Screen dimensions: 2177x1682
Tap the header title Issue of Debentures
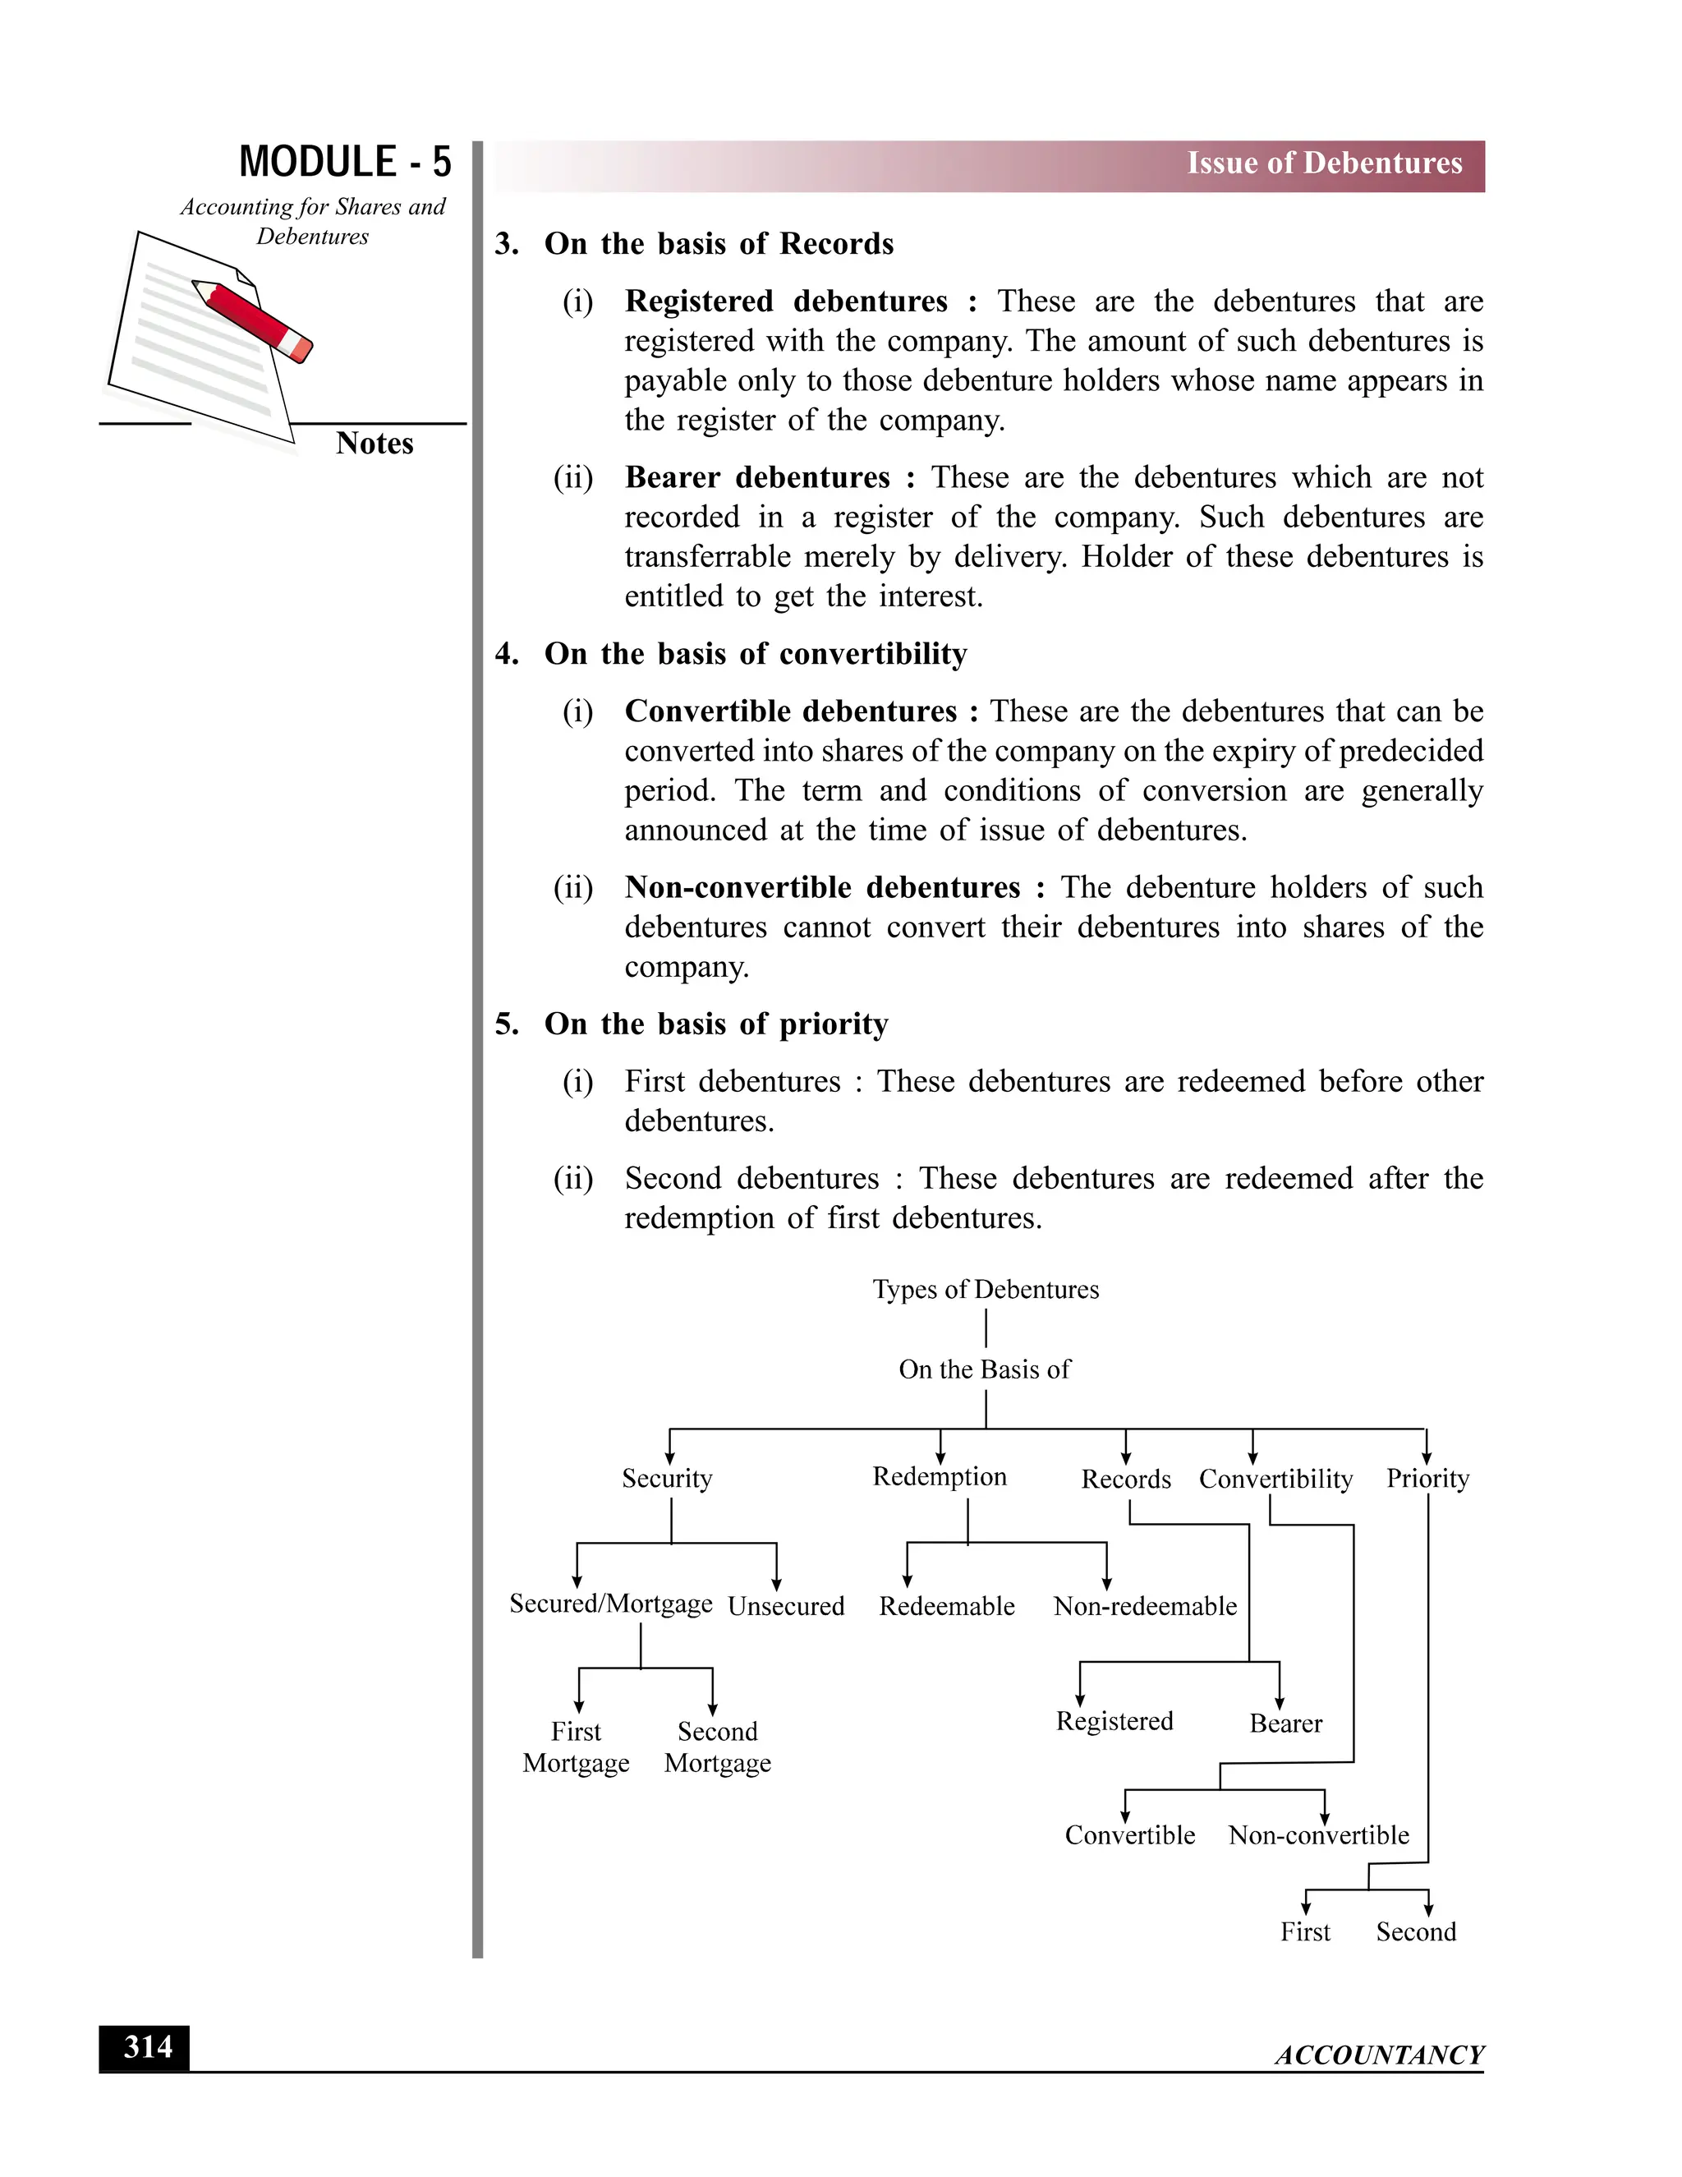tap(1323, 163)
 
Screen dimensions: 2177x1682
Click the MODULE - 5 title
tap(345, 162)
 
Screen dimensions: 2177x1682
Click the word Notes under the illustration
tap(374, 443)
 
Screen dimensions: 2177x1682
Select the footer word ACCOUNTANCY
tap(1379, 2055)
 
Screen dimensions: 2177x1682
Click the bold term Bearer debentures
tap(757, 476)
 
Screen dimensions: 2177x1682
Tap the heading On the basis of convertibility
tap(756, 653)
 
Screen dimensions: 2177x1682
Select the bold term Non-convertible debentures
tap(822, 886)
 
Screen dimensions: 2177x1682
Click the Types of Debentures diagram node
tap(986, 1289)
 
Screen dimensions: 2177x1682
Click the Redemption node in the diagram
tap(940, 1476)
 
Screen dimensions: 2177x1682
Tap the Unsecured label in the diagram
tap(785, 1606)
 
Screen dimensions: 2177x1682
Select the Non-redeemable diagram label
tap(1145, 1606)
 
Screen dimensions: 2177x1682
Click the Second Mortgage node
tap(718, 1747)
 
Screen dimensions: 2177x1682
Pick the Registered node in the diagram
tap(1114, 1720)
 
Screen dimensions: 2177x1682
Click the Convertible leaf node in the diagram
tap(1129, 1834)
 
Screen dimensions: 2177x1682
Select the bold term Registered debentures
tap(786, 300)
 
